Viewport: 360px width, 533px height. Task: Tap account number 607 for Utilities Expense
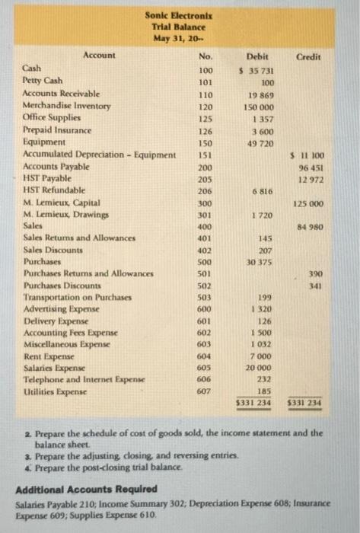pos(205,391)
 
